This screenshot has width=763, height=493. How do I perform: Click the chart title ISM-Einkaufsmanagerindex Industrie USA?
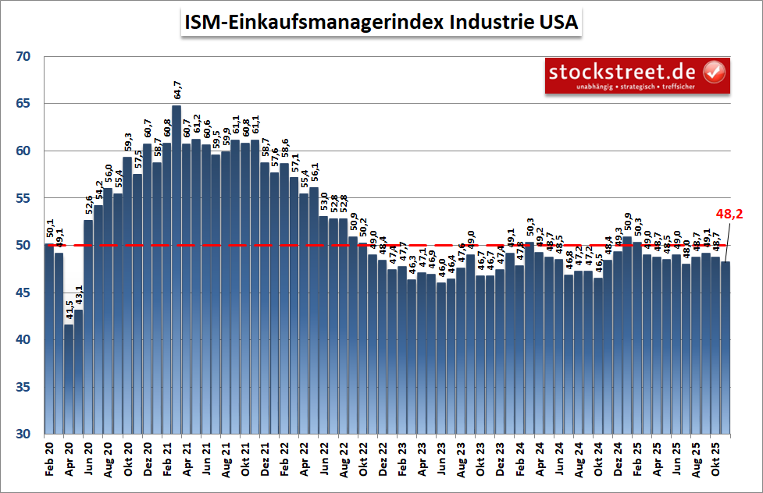[x=381, y=23]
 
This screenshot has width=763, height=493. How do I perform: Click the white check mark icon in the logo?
[x=714, y=73]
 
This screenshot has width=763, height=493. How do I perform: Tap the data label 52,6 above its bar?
[x=88, y=207]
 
